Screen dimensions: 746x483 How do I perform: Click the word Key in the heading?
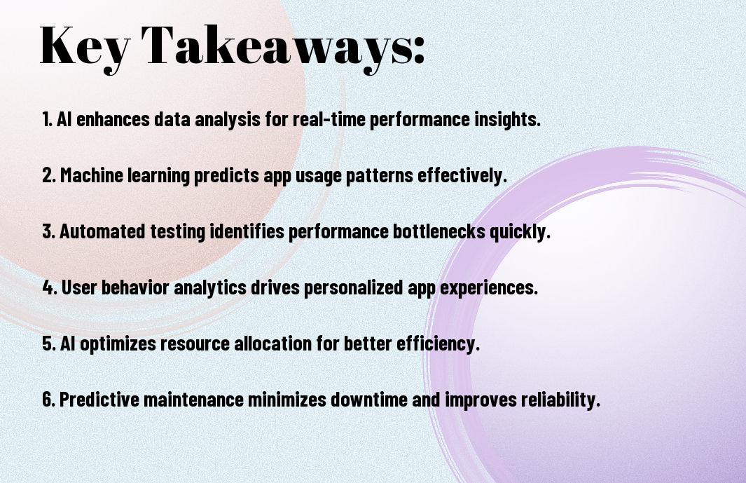pyautogui.click(x=84, y=47)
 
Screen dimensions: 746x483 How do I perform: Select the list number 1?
pyautogui.click(x=46, y=119)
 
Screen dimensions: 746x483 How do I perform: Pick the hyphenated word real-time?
pyautogui.click(x=329, y=119)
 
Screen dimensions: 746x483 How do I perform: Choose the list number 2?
pyautogui.click(x=49, y=175)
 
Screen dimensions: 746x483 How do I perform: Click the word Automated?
pyautogui.click(x=102, y=231)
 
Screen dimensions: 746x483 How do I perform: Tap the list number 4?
pyautogui.click(x=50, y=287)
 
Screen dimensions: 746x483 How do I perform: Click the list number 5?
pyautogui.click(x=49, y=344)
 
